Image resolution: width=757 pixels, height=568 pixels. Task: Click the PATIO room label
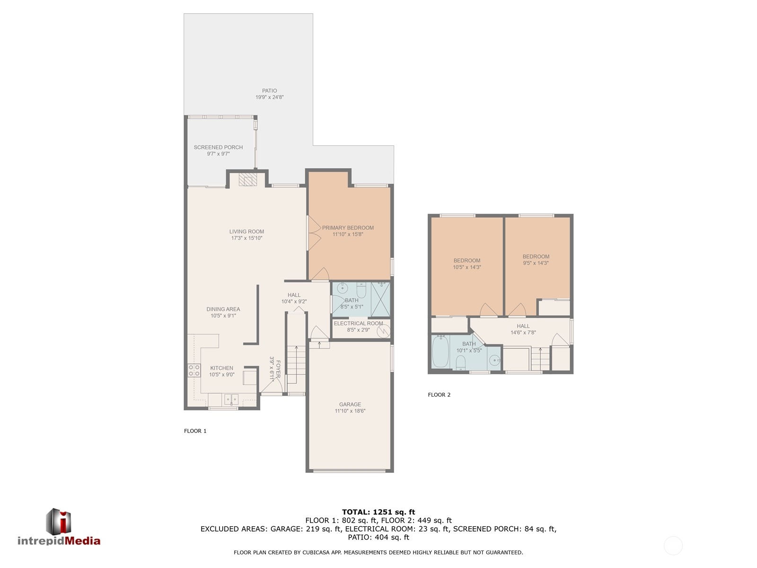point(269,91)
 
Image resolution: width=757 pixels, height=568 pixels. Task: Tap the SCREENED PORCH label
point(218,147)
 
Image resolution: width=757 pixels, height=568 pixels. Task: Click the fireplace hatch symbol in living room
point(248,179)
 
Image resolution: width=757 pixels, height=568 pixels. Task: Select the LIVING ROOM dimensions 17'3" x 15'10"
point(246,238)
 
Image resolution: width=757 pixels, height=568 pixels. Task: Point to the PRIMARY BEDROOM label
point(348,228)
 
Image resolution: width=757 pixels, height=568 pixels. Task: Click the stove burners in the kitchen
point(194,371)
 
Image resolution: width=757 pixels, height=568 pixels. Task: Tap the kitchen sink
point(231,399)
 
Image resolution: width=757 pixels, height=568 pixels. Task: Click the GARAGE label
point(350,404)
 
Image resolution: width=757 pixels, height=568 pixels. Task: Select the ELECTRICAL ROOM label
point(358,323)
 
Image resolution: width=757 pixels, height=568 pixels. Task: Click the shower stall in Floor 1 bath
point(380,299)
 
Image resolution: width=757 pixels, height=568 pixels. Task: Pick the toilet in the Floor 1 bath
point(361,290)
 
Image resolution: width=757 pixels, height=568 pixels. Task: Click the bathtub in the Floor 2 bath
point(440,351)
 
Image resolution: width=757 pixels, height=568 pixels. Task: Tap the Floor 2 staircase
point(540,359)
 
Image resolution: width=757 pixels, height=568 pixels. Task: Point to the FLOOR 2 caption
point(439,395)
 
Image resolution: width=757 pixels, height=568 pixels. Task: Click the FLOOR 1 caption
point(195,431)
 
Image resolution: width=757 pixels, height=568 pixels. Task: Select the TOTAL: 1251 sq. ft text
point(378,512)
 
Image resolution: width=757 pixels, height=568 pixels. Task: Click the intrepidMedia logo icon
point(58,522)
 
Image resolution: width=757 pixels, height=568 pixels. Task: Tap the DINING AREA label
point(223,309)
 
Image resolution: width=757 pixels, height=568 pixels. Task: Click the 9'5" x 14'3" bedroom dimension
point(536,263)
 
